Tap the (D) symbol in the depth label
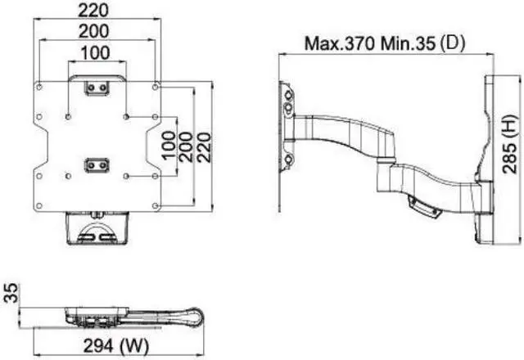[x=452, y=42]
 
